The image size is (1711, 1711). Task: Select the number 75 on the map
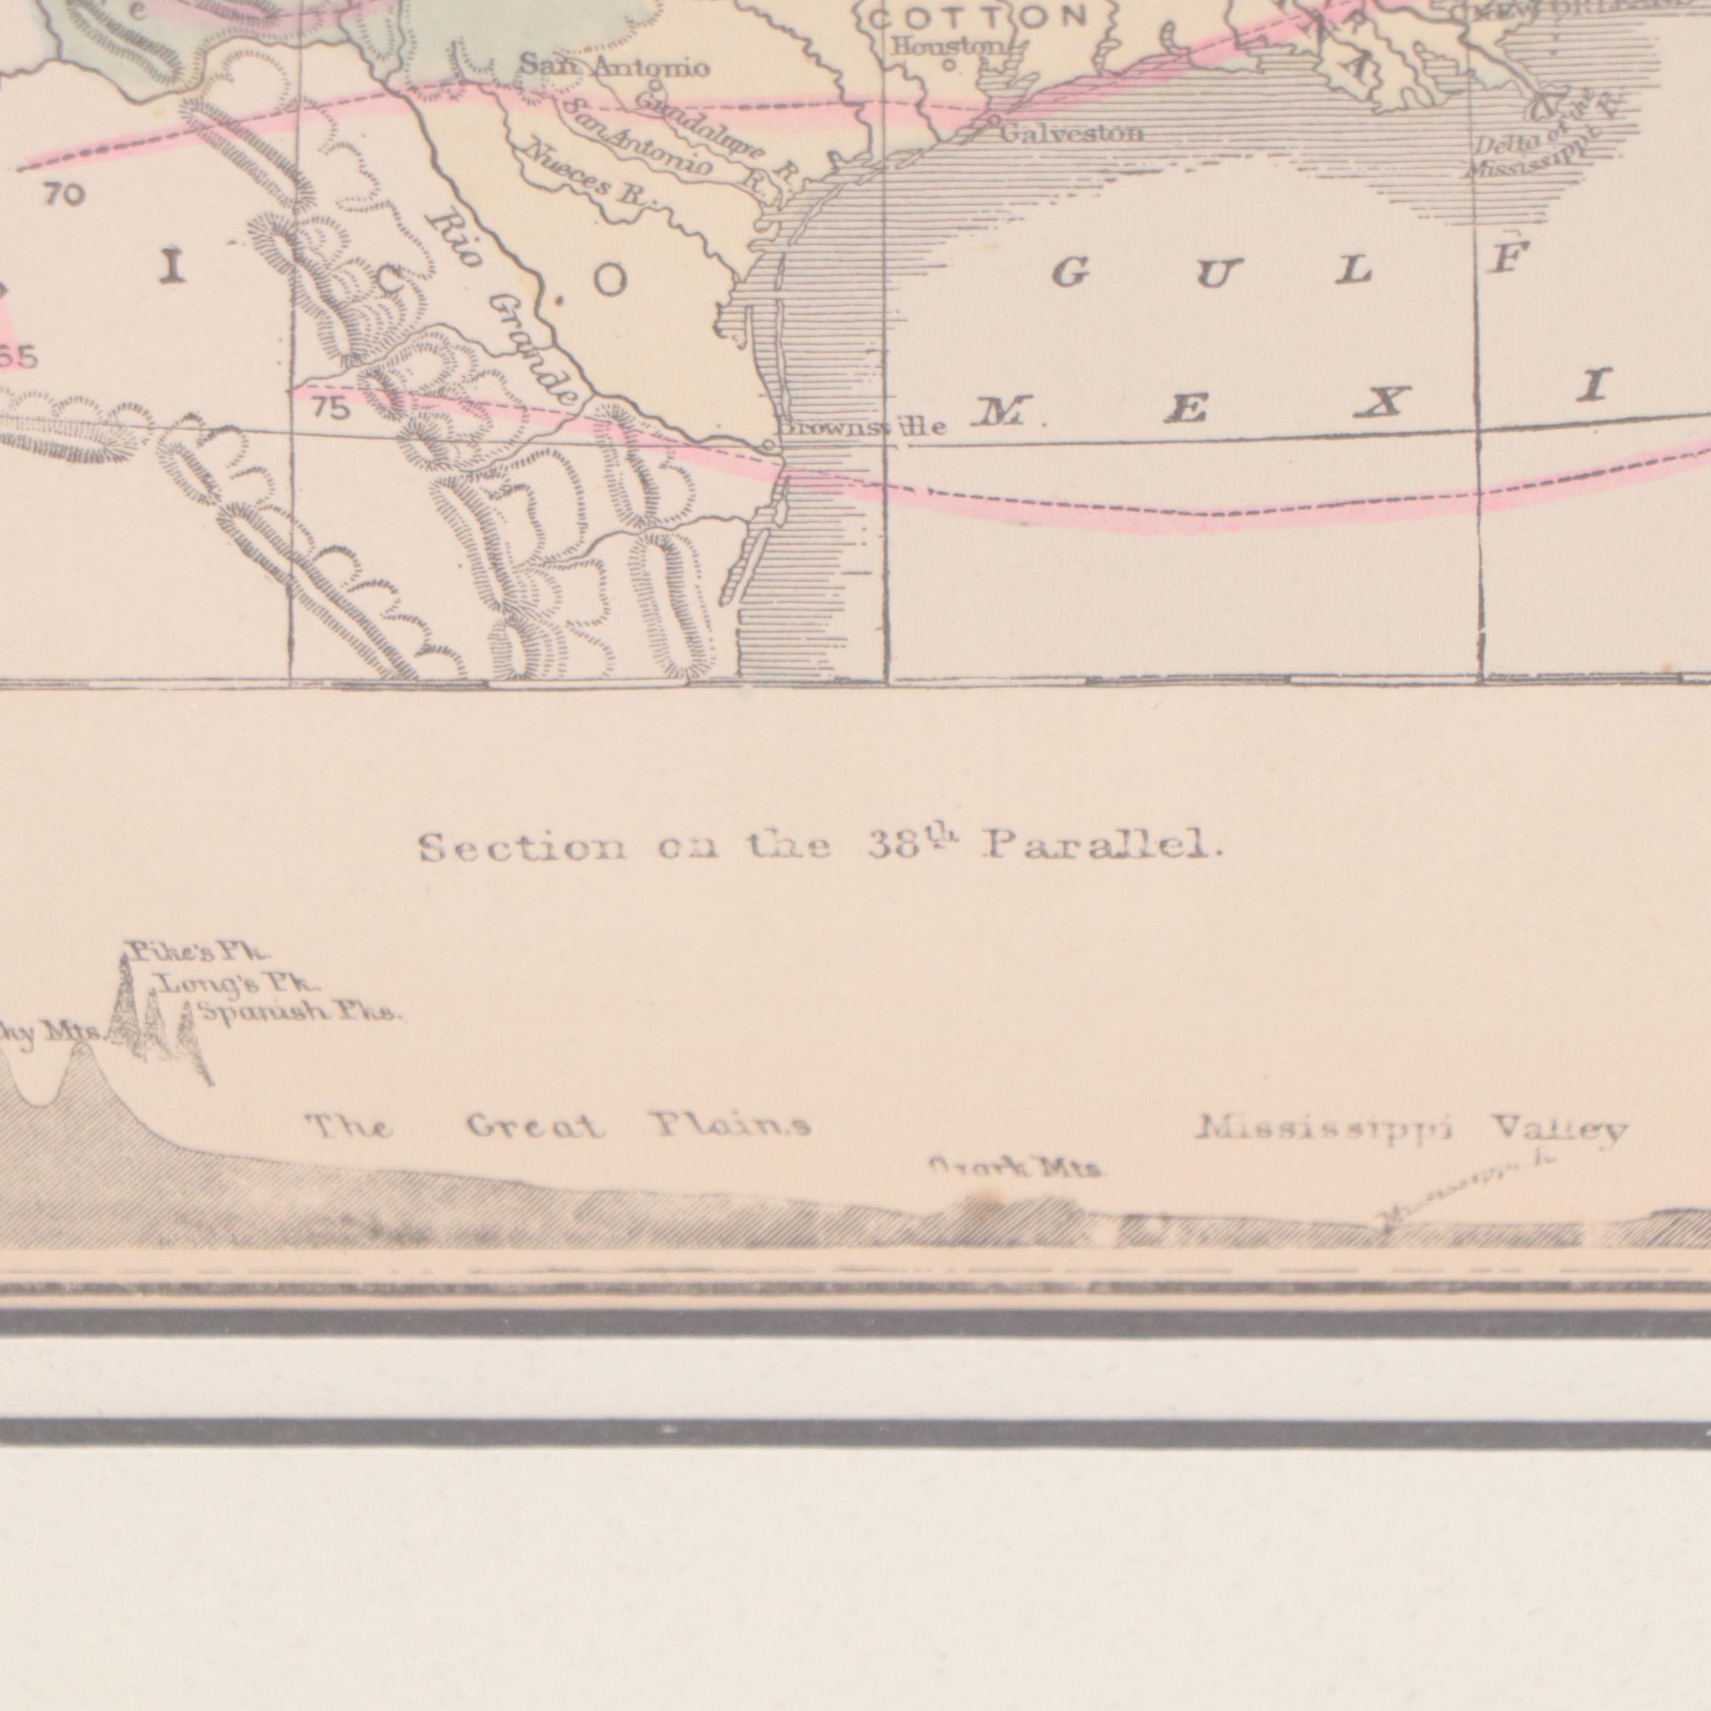click(x=330, y=409)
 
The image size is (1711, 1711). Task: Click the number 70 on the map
click(x=64, y=194)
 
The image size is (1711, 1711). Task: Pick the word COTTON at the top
click(x=979, y=16)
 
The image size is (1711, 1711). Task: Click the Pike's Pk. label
click(x=196, y=953)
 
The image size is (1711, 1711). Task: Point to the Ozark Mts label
click(x=1015, y=1169)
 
